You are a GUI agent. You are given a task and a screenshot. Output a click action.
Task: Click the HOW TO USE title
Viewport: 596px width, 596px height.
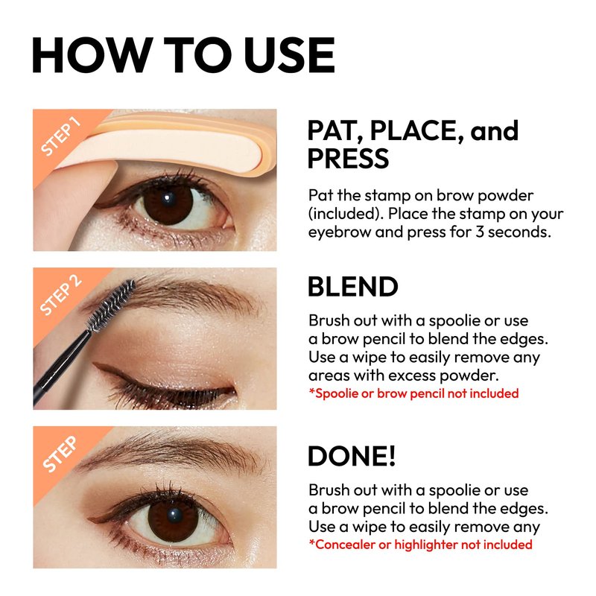tap(183, 54)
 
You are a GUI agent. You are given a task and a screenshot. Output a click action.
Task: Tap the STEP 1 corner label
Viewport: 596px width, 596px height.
tap(61, 136)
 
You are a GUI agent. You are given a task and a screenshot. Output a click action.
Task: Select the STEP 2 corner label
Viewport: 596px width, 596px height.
tap(61, 295)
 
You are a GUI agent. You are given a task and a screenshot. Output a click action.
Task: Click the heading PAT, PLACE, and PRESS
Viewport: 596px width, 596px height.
tap(413, 144)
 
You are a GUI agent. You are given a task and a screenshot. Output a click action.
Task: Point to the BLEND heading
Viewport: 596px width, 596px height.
tap(352, 287)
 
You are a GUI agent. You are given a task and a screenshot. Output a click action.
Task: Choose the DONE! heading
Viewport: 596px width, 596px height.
tap(352, 456)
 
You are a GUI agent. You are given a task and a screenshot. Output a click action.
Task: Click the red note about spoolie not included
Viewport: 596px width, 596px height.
tap(413, 393)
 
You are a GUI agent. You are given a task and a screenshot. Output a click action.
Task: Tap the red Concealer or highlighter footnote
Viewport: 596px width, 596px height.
tap(420, 545)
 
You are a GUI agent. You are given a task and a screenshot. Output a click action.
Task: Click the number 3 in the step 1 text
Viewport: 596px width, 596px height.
tap(479, 232)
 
